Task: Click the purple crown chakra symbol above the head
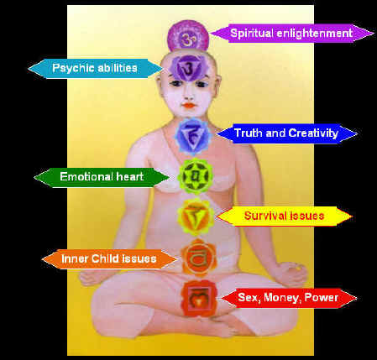tap(188, 38)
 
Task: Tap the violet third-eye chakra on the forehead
tap(186, 68)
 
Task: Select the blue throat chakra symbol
tap(193, 136)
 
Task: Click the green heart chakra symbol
tap(196, 176)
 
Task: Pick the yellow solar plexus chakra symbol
tap(196, 217)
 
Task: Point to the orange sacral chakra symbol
tap(198, 258)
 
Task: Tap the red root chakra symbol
tap(199, 299)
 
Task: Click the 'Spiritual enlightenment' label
tap(291, 34)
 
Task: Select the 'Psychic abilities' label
tap(95, 68)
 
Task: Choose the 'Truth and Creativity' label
tap(286, 133)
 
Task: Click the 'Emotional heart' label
tap(102, 177)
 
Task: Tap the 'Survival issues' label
tap(284, 217)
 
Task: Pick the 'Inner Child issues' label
tap(109, 259)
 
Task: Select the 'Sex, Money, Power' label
tap(288, 298)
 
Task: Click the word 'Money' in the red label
tap(282, 298)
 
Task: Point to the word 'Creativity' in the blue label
tap(313, 133)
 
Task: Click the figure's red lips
tap(189, 106)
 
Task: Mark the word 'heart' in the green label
tap(130, 177)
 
